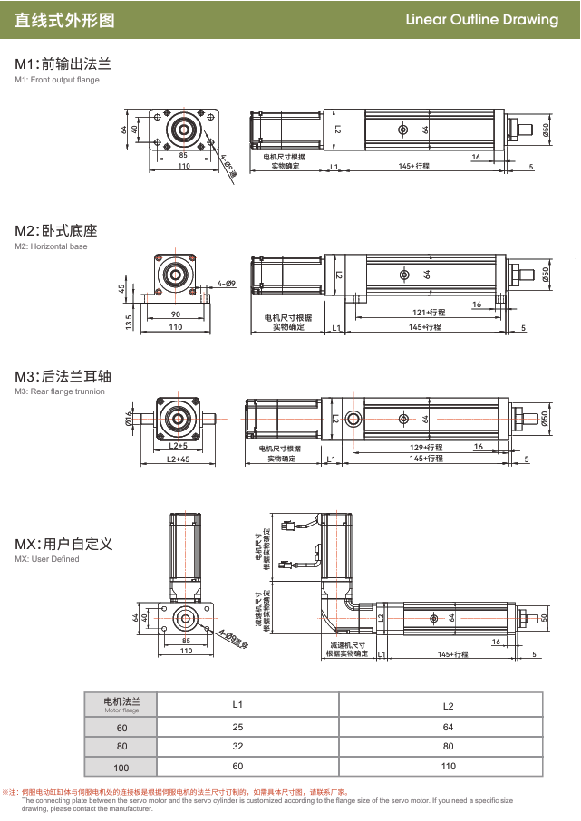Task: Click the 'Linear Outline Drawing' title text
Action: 481,20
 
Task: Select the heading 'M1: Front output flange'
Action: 63,64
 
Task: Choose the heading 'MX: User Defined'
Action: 63,544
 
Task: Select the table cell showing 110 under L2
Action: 447,767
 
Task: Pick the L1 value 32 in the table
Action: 237,748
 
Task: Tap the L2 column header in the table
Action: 447,705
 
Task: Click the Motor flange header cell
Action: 121,705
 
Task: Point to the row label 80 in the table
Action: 121,748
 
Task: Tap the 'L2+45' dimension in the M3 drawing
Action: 178,459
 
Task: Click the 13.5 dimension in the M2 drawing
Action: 129,321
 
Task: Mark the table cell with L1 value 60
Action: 237,767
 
